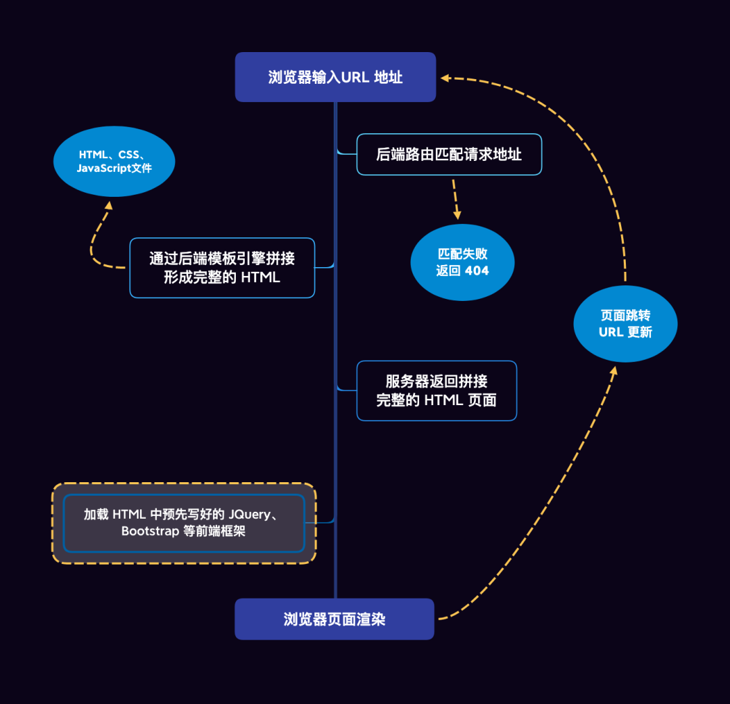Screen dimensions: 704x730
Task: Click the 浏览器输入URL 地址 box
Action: click(x=335, y=77)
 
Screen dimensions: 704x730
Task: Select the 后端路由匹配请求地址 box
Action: click(x=449, y=155)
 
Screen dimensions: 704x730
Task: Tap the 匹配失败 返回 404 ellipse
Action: click(x=462, y=262)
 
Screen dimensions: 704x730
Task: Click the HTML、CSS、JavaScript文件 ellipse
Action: click(x=114, y=162)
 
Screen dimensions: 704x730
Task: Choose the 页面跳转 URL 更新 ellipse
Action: click(x=625, y=324)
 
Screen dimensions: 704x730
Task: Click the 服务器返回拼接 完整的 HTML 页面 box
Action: click(x=437, y=391)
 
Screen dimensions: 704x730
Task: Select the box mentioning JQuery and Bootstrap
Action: click(x=184, y=523)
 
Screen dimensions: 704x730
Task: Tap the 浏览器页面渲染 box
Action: click(x=335, y=619)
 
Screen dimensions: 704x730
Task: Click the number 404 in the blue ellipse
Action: click(x=477, y=271)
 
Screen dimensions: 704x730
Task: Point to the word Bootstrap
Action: click(x=150, y=532)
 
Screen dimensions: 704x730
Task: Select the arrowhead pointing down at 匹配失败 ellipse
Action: click(x=458, y=214)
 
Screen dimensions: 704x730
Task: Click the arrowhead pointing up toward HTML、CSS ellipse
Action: click(x=107, y=204)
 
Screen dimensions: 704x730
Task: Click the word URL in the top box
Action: click(x=355, y=77)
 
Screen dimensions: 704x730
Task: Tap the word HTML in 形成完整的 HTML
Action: click(x=260, y=277)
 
